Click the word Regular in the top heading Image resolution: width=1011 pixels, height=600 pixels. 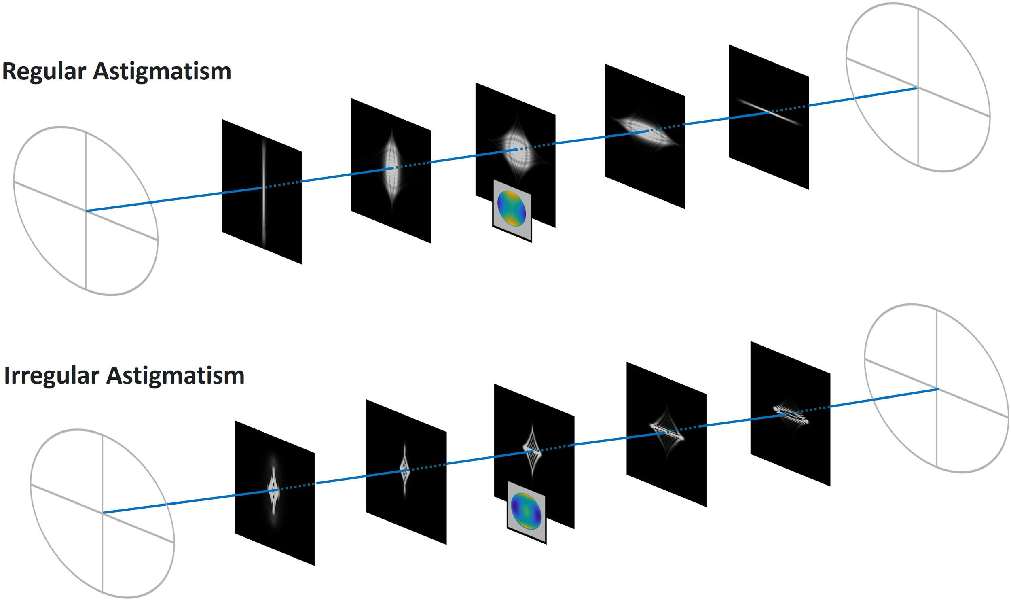pyautogui.click(x=44, y=72)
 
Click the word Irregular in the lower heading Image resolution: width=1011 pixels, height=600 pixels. pyautogui.click(x=51, y=376)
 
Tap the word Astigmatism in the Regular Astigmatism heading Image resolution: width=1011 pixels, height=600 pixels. pyautogui.click(x=162, y=72)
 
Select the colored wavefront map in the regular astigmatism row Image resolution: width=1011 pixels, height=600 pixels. pyautogui.click(x=512, y=208)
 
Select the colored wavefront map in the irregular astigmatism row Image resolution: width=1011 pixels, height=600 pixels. pyautogui.click(x=526, y=511)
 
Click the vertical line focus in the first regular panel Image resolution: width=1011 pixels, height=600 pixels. pyautogui.click(x=264, y=190)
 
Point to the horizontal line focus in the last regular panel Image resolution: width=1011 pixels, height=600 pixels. pyautogui.click(x=769, y=112)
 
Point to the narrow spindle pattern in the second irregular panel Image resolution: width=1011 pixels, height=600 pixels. pyautogui.click(x=405, y=469)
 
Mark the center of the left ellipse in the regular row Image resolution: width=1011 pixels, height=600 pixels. pyautogui.click(x=86, y=211)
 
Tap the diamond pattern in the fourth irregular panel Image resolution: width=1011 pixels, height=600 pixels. pyautogui.click(x=666, y=433)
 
